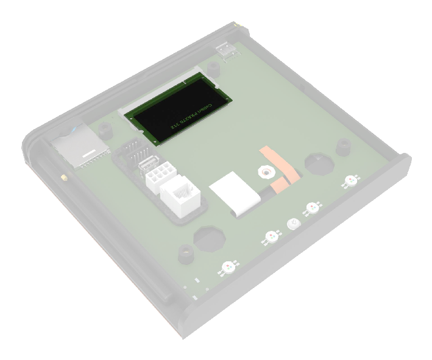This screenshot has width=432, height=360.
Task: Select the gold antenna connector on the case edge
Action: (63, 178)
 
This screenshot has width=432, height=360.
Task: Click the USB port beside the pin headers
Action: (148, 165)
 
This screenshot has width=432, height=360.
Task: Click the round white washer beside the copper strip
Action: (263, 173)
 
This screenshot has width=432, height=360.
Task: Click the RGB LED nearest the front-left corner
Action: (228, 266)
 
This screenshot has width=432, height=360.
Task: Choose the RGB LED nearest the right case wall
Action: (350, 180)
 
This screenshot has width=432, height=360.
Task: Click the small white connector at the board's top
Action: (226, 51)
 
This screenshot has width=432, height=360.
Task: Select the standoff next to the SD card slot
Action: (105, 129)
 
